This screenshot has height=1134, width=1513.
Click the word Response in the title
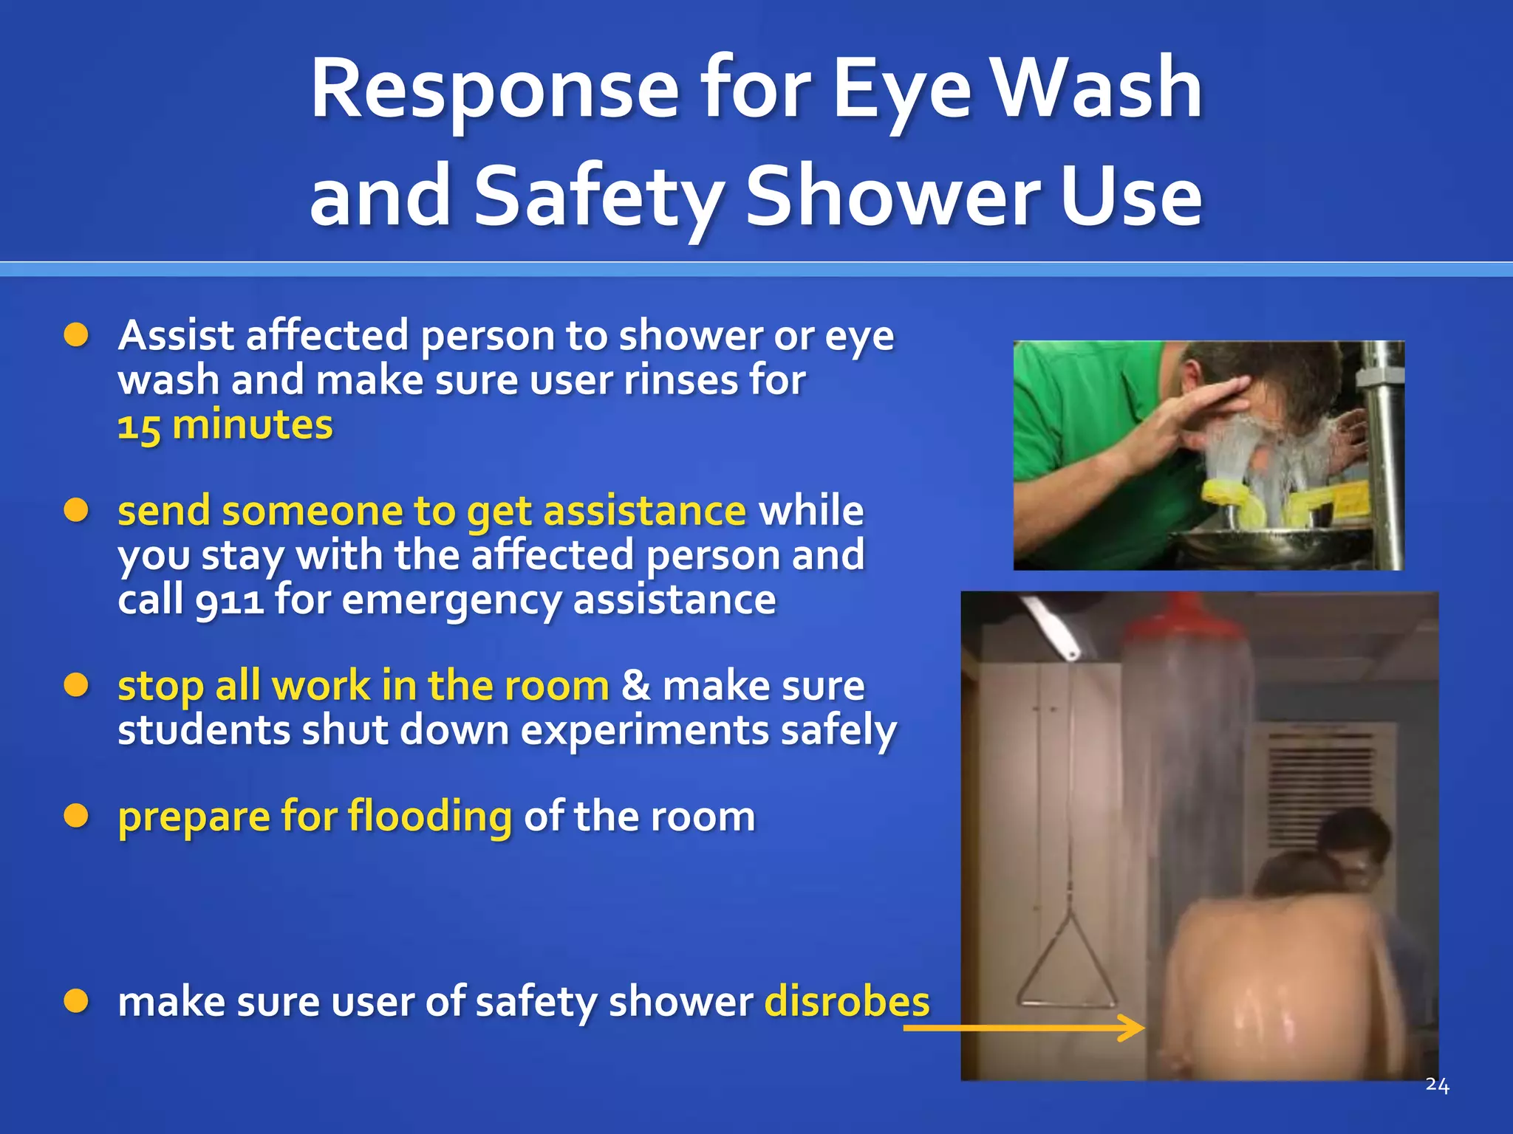point(493,90)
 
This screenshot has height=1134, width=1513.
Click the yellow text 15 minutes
point(225,426)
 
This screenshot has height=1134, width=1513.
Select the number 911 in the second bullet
point(229,599)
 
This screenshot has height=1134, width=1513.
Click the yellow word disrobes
point(847,1002)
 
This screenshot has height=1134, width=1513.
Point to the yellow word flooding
point(429,817)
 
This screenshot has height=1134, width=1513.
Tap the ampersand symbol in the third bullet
point(635,686)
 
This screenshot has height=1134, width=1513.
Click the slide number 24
point(1437,1085)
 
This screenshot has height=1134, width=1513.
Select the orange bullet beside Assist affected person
point(76,336)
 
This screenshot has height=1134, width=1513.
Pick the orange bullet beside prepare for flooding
point(76,817)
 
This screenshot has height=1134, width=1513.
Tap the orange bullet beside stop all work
point(76,686)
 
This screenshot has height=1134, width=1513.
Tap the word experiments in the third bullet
point(644,731)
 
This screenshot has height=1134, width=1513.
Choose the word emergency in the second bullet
point(451,599)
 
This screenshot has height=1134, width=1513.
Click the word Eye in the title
point(901,90)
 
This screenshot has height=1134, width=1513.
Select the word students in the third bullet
point(203,731)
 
